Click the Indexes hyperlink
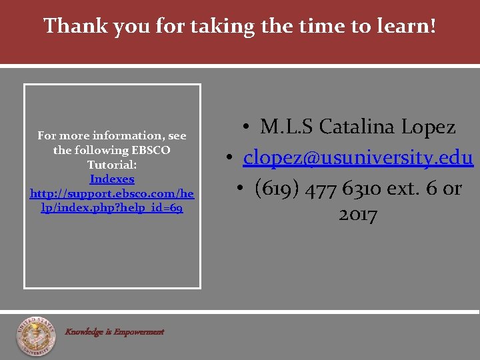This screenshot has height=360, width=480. (112, 179)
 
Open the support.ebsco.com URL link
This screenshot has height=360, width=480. (112, 201)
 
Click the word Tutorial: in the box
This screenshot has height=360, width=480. (112, 165)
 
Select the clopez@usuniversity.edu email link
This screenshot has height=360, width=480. (358, 157)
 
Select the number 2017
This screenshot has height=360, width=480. (358, 215)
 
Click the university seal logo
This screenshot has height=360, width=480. (36, 336)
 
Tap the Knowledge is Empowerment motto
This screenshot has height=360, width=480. (114, 331)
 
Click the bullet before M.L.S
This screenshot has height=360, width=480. (246, 127)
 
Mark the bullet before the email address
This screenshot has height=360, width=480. (229, 158)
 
